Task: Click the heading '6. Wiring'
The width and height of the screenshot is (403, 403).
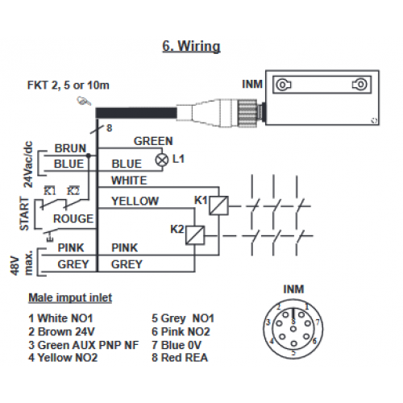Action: [x=191, y=46]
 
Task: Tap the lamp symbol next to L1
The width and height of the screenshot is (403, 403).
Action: [x=162, y=160]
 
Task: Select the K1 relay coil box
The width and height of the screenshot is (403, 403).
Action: [x=218, y=206]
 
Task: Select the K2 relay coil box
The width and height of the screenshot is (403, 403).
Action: [x=195, y=235]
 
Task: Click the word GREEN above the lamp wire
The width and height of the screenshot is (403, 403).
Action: [x=153, y=141]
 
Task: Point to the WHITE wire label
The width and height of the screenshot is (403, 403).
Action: [x=129, y=181]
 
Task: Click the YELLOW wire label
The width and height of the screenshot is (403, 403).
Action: [x=135, y=201]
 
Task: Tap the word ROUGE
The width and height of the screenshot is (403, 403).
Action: [x=73, y=218]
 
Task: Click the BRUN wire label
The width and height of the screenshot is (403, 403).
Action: [x=70, y=148]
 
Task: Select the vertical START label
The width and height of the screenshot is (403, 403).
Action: [x=24, y=214]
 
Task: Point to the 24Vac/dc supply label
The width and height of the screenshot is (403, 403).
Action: [x=28, y=164]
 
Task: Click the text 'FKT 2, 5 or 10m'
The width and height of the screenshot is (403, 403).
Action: [x=69, y=85]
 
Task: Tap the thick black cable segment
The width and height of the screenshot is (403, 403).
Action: [x=136, y=113]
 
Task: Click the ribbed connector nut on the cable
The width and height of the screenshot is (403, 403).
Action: [x=247, y=112]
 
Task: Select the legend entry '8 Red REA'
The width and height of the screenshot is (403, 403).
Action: [x=180, y=358]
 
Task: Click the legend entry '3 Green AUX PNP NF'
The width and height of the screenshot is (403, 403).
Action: [x=84, y=345]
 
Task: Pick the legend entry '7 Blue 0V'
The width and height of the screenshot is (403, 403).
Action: [x=177, y=345]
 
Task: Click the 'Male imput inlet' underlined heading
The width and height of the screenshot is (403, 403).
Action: [x=70, y=297]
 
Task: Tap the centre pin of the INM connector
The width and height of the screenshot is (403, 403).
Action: [x=293, y=329]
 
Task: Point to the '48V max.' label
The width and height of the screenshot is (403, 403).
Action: [x=22, y=263]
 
